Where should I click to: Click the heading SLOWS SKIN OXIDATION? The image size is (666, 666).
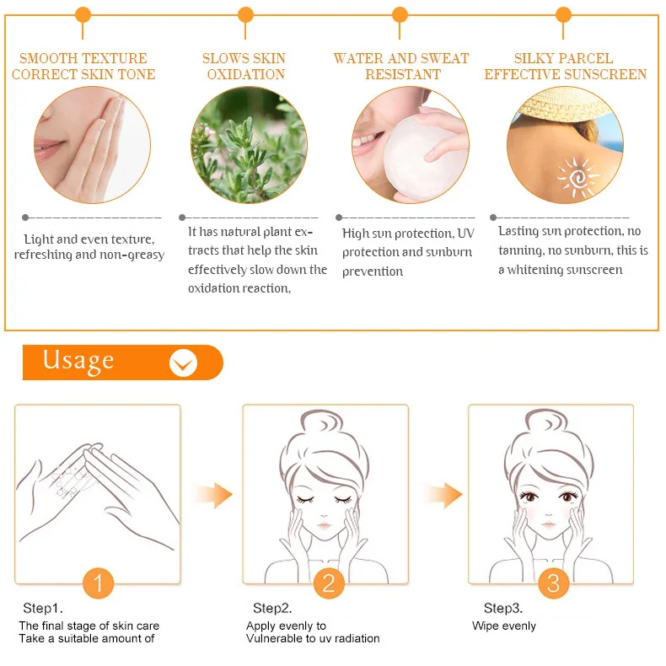pos(244,67)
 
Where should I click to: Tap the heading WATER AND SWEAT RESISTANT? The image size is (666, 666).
pos(401,67)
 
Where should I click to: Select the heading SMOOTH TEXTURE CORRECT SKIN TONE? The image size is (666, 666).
pos(83,67)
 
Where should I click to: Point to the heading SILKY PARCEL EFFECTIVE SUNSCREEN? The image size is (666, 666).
pos(565,67)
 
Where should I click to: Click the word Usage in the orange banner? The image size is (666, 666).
pos(78,361)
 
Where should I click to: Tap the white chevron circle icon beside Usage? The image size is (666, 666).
pos(183,363)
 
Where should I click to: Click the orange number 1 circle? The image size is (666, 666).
pos(99,583)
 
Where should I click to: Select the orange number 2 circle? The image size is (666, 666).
pos(329,583)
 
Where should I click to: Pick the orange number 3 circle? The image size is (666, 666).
pos(553,583)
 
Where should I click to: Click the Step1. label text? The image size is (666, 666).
pos(43,608)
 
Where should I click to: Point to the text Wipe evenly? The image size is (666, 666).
pos(503,626)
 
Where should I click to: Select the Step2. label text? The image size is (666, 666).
pos(273,608)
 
